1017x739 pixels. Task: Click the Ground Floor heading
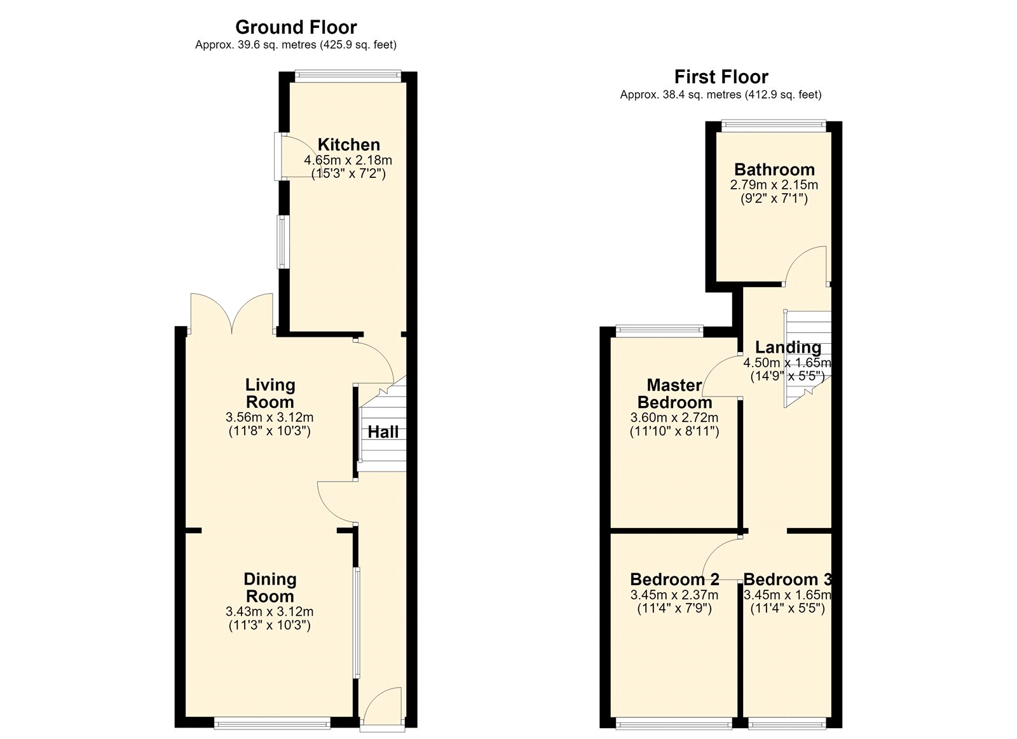(x=296, y=28)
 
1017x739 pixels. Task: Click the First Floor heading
(x=721, y=77)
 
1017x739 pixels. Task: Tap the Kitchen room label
(x=349, y=145)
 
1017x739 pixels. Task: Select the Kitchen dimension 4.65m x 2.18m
(x=348, y=160)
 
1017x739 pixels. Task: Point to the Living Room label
(x=270, y=393)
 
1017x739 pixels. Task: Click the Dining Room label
(x=270, y=587)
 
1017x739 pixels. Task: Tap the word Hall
(x=383, y=432)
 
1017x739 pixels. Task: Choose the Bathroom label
(x=775, y=170)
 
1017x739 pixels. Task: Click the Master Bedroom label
(x=674, y=393)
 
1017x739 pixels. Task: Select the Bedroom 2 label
(x=674, y=580)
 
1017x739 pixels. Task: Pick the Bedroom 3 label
(x=788, y=580)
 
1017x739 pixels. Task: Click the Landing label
(x=788, y=347)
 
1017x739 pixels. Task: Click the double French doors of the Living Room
(x=231, y=313)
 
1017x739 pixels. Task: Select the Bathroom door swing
(x=805, y=265)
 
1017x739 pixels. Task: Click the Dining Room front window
(x=273, y=723)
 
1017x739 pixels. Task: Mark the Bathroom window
(x=774, y=125)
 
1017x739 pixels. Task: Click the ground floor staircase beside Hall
(x=382, y=424)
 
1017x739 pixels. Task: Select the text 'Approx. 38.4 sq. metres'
(x=680, y=95)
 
